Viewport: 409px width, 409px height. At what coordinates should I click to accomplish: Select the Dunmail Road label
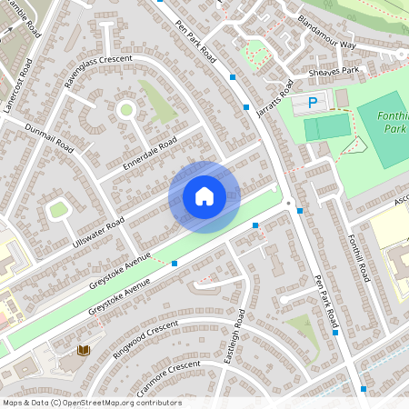[x=49, y=136]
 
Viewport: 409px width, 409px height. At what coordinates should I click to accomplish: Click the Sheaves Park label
[x=334, y=70]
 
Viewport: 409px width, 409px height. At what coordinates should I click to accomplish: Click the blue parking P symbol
[x=314, y=104]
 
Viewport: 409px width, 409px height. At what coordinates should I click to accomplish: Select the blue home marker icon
[x=204, y=196]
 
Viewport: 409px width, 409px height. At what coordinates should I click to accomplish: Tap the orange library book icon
[x=83, y=350]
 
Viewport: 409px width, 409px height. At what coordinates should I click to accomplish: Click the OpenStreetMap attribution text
[x=92, y=403]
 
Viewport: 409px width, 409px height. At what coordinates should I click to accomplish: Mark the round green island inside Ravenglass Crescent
[x=125, y=110]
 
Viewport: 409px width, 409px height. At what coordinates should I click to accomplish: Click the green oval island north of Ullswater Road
[x=59, y=210]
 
